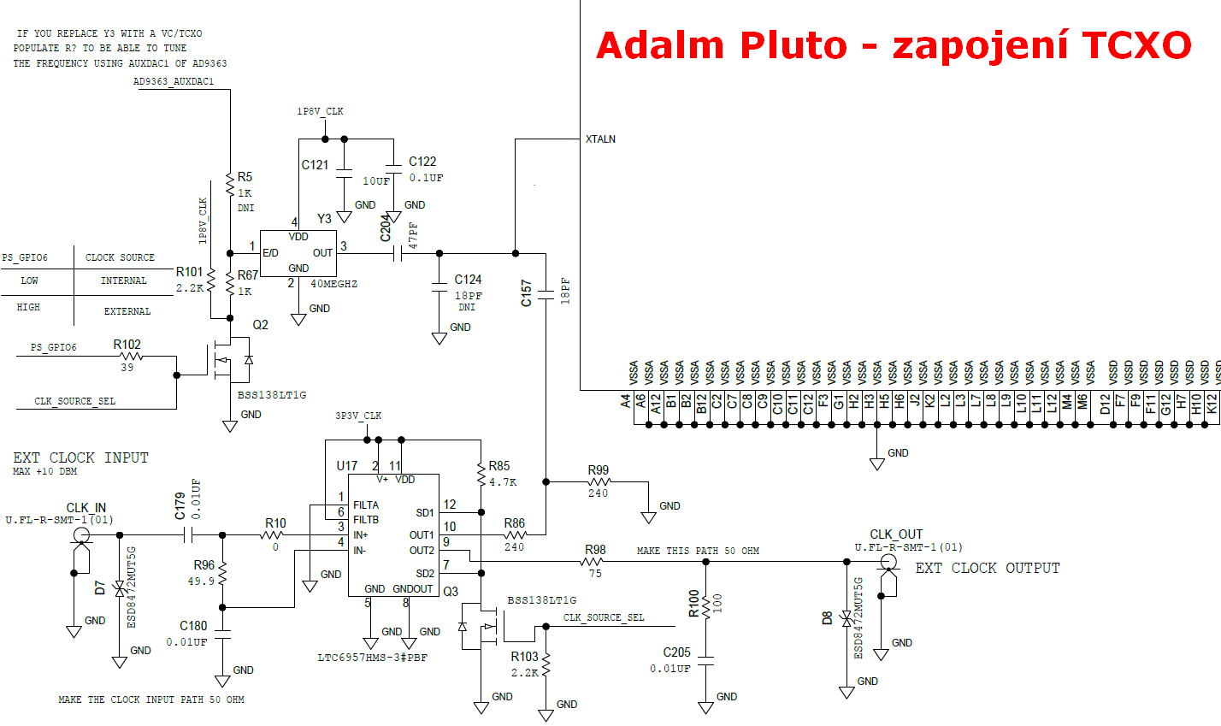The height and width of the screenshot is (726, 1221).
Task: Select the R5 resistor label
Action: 245,177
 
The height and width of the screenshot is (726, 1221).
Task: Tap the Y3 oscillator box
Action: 298,253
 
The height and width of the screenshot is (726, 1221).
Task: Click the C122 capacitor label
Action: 422,162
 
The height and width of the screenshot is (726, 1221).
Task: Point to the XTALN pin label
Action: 600,139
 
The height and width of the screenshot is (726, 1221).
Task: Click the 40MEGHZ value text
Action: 333,284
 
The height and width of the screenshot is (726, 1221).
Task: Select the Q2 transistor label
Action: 260,325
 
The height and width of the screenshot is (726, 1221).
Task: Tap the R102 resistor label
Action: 127,345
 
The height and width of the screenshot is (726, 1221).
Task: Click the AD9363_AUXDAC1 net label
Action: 174,82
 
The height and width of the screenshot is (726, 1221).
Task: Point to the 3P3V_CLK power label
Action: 358,416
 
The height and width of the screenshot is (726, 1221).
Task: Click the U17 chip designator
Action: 346,466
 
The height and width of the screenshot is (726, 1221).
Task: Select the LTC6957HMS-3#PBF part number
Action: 372,658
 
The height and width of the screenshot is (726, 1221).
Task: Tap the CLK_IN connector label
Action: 86,508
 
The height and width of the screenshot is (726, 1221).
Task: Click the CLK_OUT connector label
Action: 896,534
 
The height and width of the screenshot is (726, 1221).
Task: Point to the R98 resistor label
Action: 595,550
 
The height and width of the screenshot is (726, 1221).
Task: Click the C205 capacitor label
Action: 676,652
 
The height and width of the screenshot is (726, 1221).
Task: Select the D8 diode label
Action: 827,617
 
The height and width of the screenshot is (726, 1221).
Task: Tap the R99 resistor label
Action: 598,470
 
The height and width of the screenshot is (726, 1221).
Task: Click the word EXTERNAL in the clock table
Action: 127,312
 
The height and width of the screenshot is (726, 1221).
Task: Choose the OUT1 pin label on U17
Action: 422,535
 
